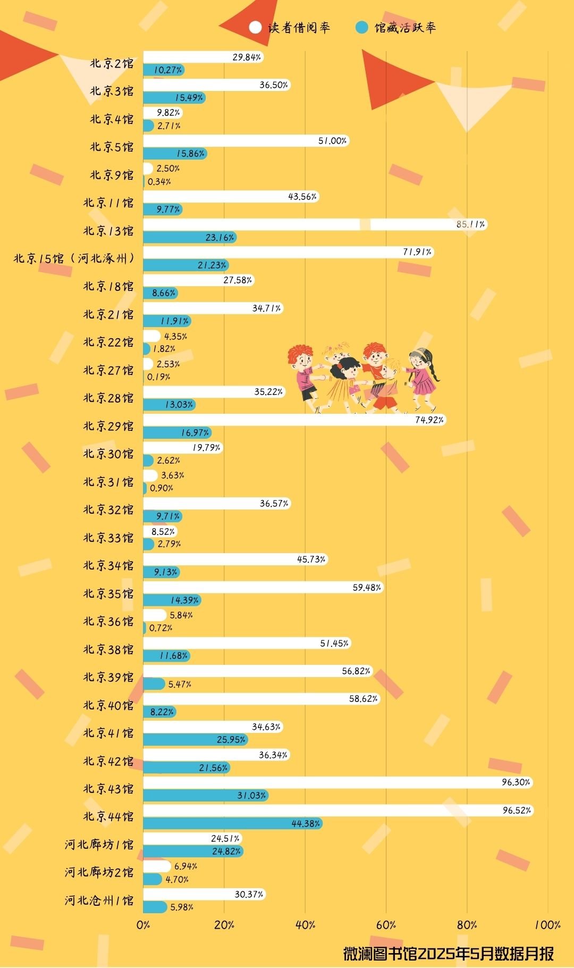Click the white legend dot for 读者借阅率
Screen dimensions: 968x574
[255, 27]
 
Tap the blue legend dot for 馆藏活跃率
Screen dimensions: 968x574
[361, 27]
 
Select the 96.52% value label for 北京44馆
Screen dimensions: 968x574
[517, 810]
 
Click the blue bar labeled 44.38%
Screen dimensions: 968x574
[232, 823]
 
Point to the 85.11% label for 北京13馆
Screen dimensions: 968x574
[470, 224]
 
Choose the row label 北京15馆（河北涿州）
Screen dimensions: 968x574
[73, 258]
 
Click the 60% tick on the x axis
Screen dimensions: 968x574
[386, 924]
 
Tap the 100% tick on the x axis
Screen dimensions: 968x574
[547, 924]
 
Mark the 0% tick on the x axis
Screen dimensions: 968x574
[143, 924]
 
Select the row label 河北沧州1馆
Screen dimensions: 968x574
[99, 900]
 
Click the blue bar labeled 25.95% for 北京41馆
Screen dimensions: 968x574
[195, 739]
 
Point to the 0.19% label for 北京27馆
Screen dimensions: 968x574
[158, 377]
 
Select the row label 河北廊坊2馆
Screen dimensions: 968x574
[99, 872]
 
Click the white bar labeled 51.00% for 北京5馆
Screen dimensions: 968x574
[246, 141]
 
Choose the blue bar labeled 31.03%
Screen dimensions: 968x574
[205, 795]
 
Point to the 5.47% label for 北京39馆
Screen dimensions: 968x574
[180, 684]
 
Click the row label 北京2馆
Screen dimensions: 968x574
[112, 64]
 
